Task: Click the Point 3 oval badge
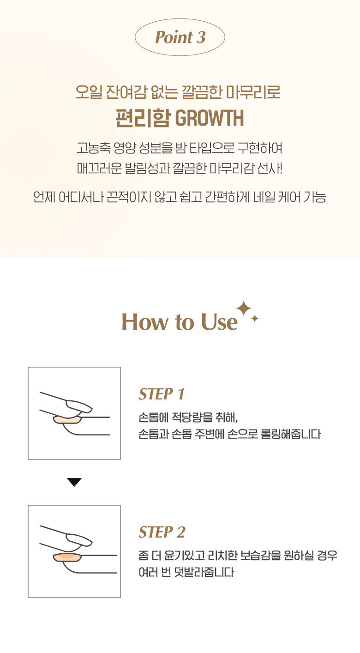(x=180, y=37)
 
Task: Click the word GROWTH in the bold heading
(x=210, y=118)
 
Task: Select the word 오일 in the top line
(x=87, y=92)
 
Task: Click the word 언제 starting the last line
(x=44, y=197)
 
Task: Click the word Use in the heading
(x=219, y=322)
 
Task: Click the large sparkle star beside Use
(x=244, y=308)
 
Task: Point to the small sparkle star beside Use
(x=255, y=319)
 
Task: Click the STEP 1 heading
(x=162, y=394)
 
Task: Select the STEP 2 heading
(x=162, y=532)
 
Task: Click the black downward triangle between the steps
(x=74, y=482)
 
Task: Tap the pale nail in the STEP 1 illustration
(x=67, y=420)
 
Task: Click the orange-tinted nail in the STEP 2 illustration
(x=67, y=558)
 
